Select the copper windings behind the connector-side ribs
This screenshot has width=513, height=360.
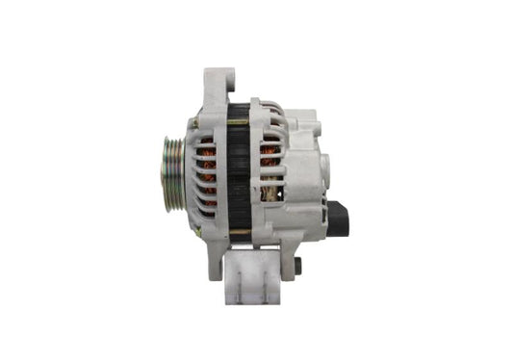point(270,159)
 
